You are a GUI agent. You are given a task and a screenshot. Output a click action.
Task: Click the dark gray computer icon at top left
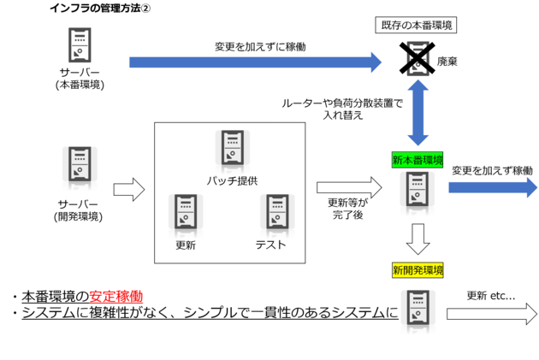click(80, 45)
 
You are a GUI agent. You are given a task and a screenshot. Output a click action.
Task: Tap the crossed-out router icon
click(418, 58)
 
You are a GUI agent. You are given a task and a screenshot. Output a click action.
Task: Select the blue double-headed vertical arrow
click(418, 113)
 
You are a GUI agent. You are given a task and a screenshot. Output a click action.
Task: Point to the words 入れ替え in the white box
click(343, 115)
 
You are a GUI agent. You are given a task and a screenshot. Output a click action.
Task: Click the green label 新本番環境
click(418, 160)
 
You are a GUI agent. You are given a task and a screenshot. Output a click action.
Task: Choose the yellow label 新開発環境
click(418, 270)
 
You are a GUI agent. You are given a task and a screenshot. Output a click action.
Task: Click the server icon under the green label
click(418, 193)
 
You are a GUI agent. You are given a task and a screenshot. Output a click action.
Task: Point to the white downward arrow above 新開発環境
click(418, 239)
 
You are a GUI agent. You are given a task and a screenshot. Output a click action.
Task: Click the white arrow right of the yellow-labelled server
click(490, 314)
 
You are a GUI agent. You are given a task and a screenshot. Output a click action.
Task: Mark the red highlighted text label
click(116, 298)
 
